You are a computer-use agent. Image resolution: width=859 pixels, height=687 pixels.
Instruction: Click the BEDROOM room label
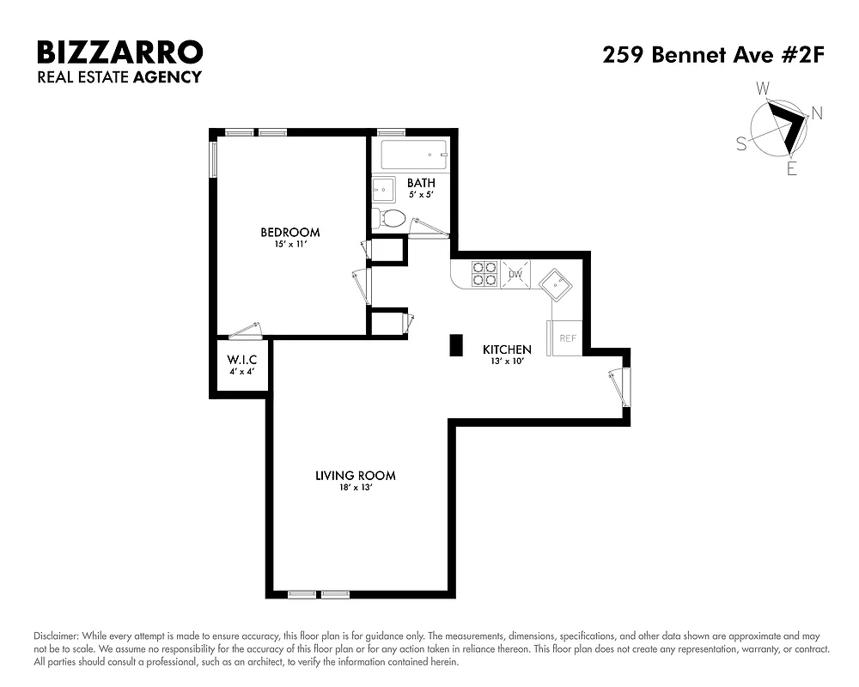(x=290, y=232)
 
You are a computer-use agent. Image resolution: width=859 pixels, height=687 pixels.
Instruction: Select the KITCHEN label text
(x=507, y=350)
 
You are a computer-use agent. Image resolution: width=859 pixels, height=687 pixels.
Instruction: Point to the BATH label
(x=421, y=183)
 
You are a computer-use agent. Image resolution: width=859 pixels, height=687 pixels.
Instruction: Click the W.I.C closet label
(x=242, y=359)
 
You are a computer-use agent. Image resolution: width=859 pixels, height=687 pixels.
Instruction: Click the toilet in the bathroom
(x=391, y=217)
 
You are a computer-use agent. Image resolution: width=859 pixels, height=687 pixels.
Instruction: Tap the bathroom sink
(x=383, y=188)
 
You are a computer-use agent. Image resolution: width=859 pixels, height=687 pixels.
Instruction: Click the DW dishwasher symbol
(x=515, y=274)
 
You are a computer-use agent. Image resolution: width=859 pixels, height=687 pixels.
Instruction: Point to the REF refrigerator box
(x=568, y=337)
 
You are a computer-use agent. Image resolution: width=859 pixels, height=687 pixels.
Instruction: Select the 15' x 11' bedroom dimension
(x=290, y=244)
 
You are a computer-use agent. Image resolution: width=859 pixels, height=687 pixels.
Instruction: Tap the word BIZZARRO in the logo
(x=119, y=52)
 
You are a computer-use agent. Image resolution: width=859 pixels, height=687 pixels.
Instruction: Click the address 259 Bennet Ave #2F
(x=713, y=57)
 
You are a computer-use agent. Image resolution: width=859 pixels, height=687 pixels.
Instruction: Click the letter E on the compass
(x=791, y=169)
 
